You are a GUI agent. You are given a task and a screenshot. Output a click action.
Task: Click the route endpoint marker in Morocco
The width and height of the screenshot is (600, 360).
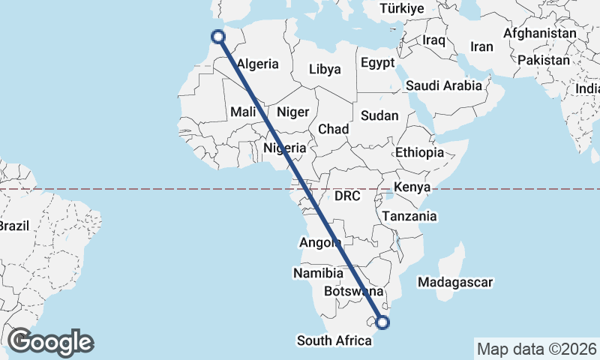tap(217, 36)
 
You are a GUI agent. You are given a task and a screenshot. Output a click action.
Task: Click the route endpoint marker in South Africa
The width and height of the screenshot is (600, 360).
tap(383, 323)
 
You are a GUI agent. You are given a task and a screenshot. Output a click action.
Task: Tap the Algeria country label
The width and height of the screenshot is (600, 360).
tap(257, 64)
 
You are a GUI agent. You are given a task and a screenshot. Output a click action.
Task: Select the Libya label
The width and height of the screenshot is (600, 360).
tap(325, 69)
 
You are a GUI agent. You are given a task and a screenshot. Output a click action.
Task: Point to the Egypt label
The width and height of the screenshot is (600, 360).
tap(377, 63)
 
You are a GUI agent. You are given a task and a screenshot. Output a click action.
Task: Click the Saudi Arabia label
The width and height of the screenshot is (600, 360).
tap(444, 85)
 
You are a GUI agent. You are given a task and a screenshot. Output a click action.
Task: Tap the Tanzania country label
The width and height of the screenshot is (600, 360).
tap(409, 216)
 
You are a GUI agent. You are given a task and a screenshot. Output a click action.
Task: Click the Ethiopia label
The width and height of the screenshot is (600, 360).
tap(420, 152)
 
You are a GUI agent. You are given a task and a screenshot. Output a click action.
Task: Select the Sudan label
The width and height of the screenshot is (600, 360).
tap(379, 115)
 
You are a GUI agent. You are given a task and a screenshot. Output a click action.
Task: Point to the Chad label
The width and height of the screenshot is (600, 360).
tap(333, 129)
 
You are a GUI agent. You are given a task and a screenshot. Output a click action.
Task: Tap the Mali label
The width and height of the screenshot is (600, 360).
tap(244, 112)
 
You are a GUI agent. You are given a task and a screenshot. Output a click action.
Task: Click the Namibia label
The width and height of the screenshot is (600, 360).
tap(318, 273)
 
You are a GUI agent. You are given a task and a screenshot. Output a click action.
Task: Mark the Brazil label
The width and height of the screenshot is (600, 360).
tap(13, 226)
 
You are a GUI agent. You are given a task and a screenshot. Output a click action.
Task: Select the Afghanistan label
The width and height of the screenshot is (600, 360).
tap(539, 34)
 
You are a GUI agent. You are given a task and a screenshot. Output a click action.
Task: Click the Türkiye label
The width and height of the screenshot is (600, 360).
tap(402, 9)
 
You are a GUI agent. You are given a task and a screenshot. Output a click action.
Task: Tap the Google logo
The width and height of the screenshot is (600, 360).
tap(50, 342)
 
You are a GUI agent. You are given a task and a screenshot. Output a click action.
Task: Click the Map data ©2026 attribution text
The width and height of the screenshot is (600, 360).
tap(536, 349)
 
